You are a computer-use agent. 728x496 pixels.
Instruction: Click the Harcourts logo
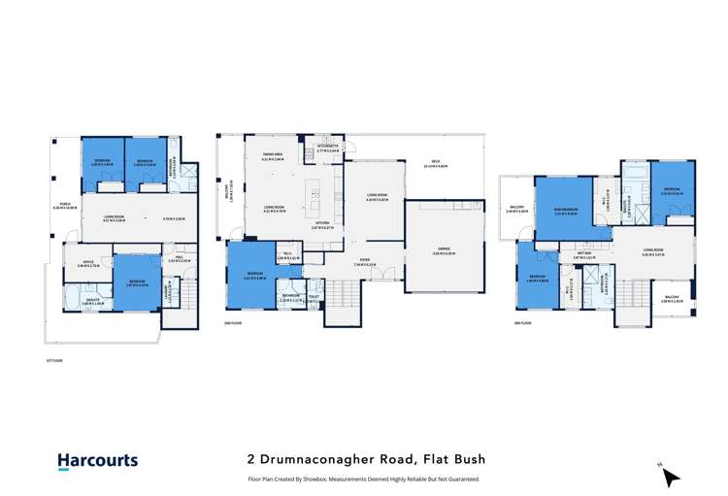point(98,461)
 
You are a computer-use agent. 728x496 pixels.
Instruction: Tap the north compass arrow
point(671,474)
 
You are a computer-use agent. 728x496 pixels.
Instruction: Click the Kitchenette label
point(327,148)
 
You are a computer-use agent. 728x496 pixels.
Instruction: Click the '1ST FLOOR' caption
point(53,360)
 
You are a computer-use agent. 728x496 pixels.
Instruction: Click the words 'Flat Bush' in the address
point(457,459)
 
